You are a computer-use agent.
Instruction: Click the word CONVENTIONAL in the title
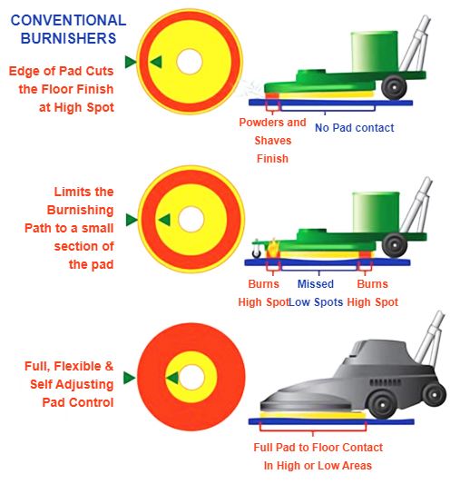(x=68, y=20)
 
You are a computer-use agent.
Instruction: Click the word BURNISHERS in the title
(x=68, y=38)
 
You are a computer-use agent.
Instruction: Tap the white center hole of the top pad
(x=190, y=62)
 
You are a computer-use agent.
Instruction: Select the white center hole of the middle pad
(x=191, y=219)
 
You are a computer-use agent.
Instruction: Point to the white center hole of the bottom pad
(x=191, y=377)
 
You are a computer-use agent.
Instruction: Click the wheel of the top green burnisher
(x=394, y=87)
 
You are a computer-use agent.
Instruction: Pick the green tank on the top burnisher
(x=375, y=52)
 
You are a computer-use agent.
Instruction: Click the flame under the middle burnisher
(x=273, y=248)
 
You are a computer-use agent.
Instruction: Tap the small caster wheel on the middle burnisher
(x=256, y=253)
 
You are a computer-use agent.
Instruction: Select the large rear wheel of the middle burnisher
(x=395, y=245)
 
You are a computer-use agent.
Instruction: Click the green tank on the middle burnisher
(x=376, y=212)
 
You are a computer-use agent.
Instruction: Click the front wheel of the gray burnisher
(x=381, y=404)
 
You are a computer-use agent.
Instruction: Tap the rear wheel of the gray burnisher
(x=434, y=394)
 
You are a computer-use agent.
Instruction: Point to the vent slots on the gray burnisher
(x=386, y=382)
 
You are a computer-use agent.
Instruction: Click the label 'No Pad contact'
(x=355, y=127)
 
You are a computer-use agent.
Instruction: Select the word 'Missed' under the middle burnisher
(x=316, y=283)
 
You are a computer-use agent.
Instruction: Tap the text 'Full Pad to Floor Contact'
(x=318, y=448)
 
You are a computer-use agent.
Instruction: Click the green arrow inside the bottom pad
(x=172, y=378)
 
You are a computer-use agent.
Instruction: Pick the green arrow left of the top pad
(x=131, y=62)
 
